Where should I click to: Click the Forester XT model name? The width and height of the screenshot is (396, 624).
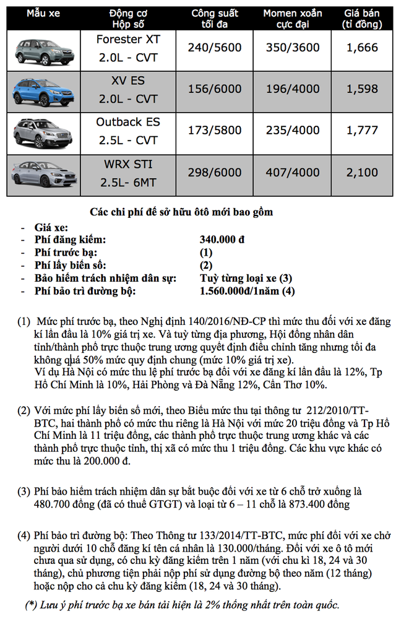tap(128, 39)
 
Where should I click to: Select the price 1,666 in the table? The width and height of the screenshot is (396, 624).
tap(362, 48)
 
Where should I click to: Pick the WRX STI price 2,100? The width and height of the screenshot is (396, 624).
tap(362, 173)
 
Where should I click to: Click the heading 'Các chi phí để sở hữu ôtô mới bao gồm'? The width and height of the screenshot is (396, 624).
tap(181, 212)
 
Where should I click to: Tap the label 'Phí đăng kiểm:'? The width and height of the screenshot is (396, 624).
tap(71, 240)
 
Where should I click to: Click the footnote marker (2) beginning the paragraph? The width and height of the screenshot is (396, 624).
tap(24, 411)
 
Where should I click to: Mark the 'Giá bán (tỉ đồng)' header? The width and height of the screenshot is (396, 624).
tap(362, 19)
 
